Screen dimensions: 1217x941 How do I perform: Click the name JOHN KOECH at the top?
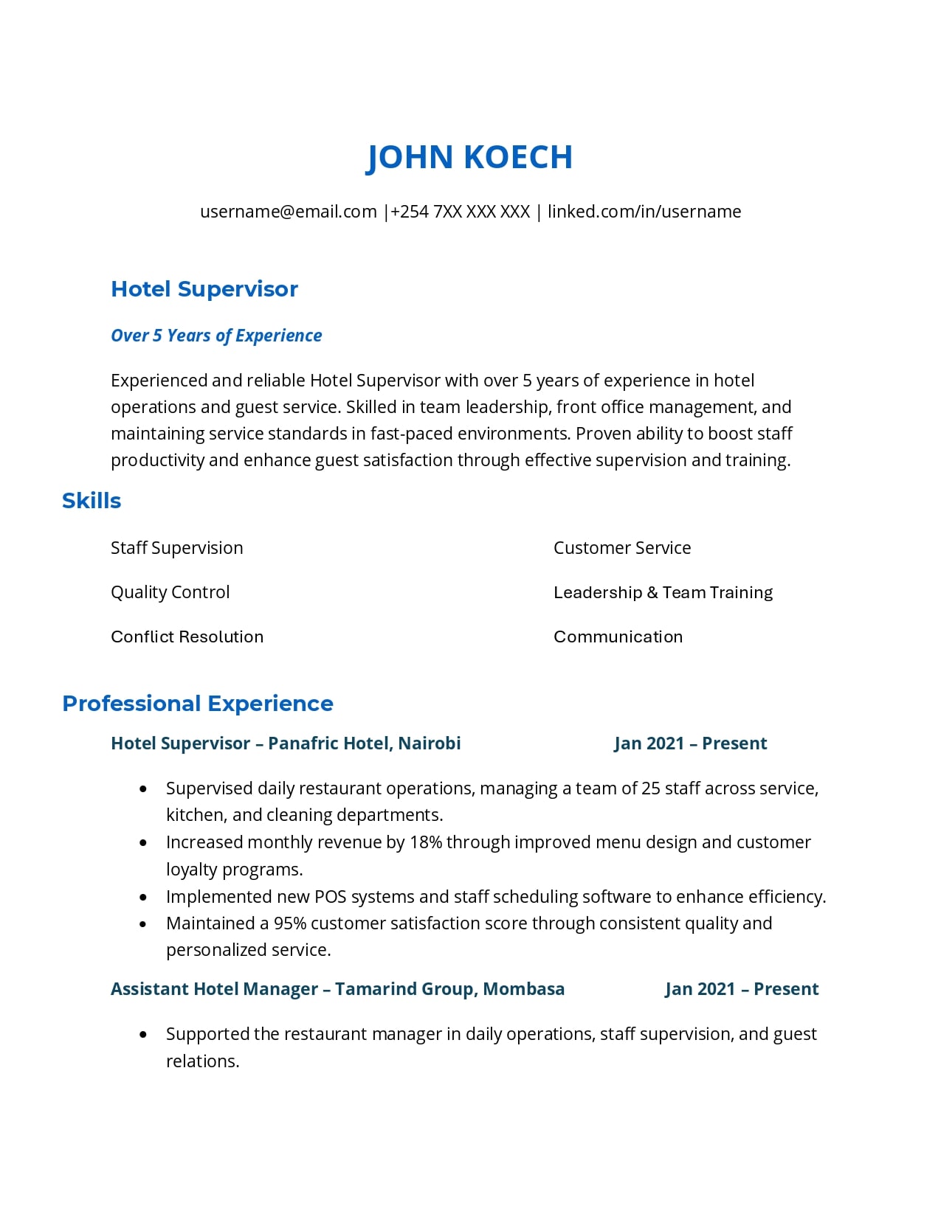click(x=469, y=157)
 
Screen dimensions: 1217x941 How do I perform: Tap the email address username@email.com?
click(x=289, y=212)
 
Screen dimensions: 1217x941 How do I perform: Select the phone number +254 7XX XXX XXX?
click(x=460, y=212)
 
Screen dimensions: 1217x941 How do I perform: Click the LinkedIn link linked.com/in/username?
click(x=644, y=212)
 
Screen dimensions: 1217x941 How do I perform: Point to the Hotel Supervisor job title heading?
click(x=204, y=289)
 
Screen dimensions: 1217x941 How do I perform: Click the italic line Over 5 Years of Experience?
click(x=216, y=336)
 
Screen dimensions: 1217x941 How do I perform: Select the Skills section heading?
click(x=92, y=501)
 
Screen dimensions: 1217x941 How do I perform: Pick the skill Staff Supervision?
click(x=177, y=548)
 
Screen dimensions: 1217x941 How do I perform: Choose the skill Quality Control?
click(x=170, y=592)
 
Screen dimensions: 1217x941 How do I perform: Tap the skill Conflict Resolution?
click(x=187, y=637)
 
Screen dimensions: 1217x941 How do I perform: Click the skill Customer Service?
click(x=622, y=548)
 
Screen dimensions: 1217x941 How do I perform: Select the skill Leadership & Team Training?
click(x=663, y=592)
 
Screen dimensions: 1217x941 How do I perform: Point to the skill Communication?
click(x=618, y=637)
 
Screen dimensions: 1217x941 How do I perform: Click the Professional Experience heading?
click(x=198, y=704)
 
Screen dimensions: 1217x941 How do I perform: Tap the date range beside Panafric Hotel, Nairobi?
click(x=691, y=743)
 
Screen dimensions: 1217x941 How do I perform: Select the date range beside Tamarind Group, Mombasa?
click(x=742, y=989)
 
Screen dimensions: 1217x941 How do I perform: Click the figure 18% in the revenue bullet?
click(x=426, y=842)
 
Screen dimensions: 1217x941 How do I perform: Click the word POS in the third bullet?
click(x=330, y=897)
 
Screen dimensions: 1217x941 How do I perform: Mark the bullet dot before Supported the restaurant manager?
click(x=143, y=1035)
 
